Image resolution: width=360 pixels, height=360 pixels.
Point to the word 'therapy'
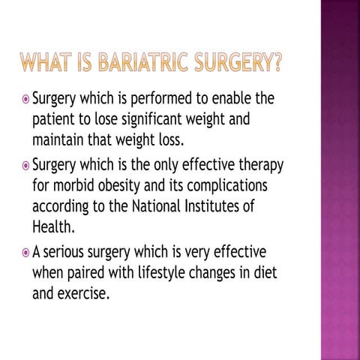(x=259, y=165)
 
